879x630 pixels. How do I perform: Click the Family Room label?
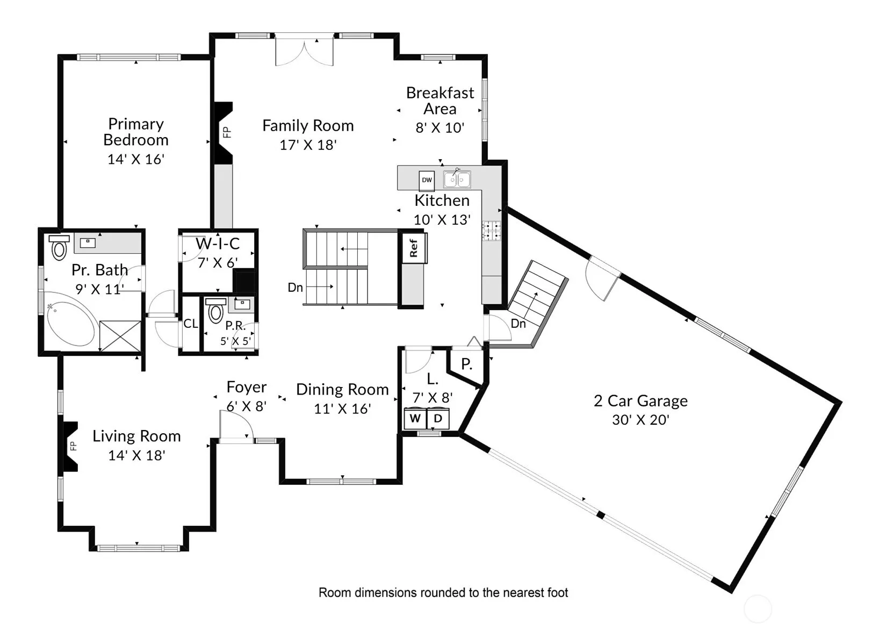[308, 126]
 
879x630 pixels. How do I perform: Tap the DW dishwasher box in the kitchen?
[427, 180]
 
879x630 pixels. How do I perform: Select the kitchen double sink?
[457, 180]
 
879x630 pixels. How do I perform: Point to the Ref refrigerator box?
[413, 248]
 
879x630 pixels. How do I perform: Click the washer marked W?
[415, 419]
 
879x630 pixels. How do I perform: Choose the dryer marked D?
[438, 419]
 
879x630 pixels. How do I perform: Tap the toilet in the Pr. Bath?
[59, 247]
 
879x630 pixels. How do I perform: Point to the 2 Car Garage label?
[640, 401]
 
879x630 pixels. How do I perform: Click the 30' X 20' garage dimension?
[640, 420]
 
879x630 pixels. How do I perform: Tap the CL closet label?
[191, 324]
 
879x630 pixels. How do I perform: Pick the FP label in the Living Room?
[73, 446]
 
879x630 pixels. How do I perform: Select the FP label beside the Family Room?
[227, 132]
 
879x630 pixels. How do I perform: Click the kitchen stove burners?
[491, 231]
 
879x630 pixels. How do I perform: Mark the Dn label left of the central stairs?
[295, 288]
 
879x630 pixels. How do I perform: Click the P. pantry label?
[466, 364]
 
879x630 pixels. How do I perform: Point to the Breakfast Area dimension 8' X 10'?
[440, 128]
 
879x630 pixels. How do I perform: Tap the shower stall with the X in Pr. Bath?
[120, 336]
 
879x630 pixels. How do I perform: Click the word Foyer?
[247, 388]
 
